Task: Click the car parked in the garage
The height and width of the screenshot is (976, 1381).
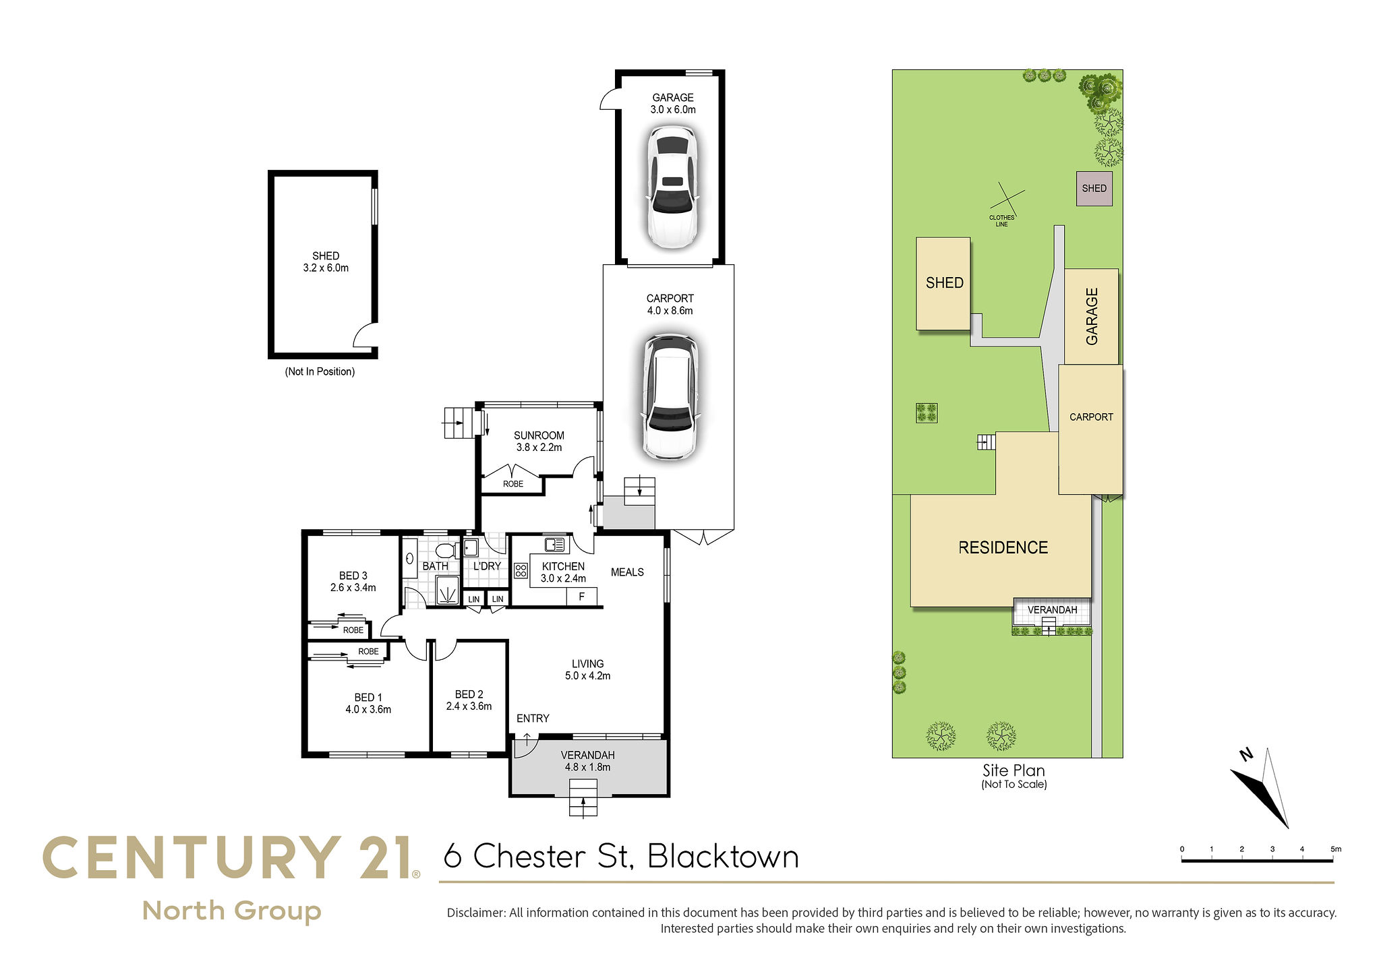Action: coord(672,187)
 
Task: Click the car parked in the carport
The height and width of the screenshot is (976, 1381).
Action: coord(671,397)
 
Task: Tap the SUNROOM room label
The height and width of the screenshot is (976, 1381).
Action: coord(539,441)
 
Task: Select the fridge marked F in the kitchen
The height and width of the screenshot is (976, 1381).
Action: coord(581,597)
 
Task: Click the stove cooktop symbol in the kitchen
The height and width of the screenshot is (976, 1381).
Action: coord(521,571)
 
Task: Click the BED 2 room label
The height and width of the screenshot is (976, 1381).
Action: coord(469,700)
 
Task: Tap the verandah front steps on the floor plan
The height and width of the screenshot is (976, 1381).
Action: coord(583,798)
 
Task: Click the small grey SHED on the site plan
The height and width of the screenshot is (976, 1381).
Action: coord(1094,188)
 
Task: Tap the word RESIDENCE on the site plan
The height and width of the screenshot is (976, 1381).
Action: coord(1003,547)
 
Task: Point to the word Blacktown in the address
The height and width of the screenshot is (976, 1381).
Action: coord(723,857)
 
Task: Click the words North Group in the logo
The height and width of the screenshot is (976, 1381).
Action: coord(232,911)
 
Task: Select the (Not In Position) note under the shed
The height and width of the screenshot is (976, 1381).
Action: coord(320,371)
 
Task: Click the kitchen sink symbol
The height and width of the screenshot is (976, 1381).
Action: coord(555,544)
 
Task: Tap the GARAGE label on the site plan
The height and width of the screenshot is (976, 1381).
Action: coord(1092,316)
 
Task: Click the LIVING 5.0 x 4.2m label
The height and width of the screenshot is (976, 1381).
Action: coord(587,670)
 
